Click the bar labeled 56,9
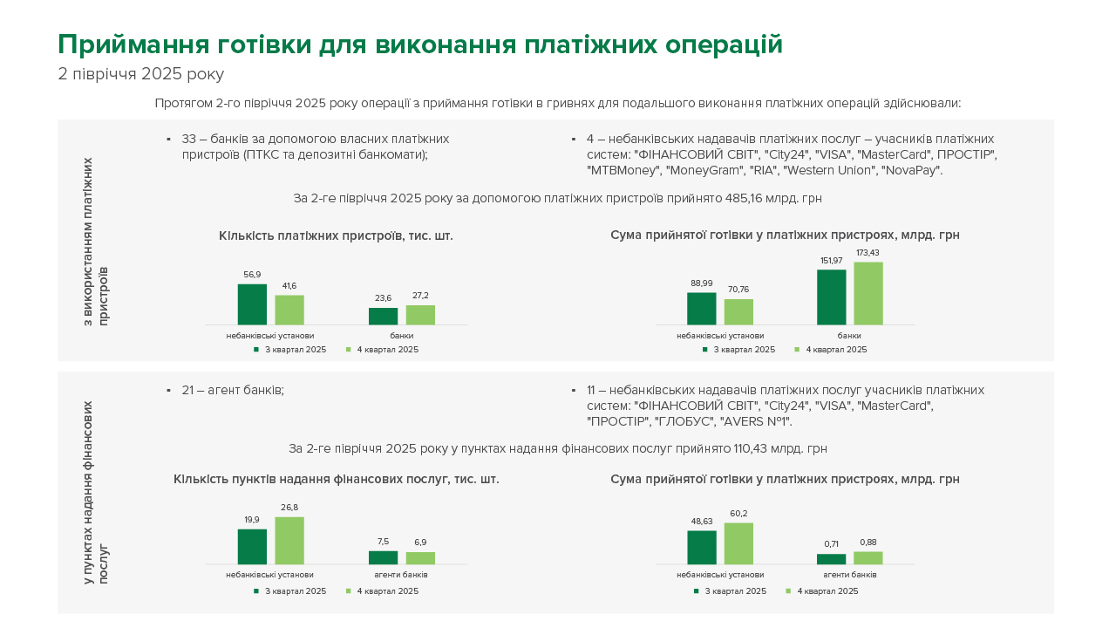tap(252, 304)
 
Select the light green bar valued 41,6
tap(289, 310)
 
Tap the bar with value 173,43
tap(868, 293)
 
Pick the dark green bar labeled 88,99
tap(702, 309)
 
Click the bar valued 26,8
tap(289, 541)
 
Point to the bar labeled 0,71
tap(831, 559)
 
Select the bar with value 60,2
tap(738, 543)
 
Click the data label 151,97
tap(831, 261)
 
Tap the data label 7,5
tap(383, 542)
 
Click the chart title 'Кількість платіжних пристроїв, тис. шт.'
tap(336, 235)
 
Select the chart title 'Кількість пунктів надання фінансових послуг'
tap(336, 479)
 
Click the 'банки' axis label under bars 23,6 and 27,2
tap(402, 335)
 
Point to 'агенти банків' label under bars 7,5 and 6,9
tap(402, 575)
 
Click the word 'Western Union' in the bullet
tap(839, 170)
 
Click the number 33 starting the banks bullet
tap(189, 139)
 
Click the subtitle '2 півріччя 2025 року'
tap(140, 74)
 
